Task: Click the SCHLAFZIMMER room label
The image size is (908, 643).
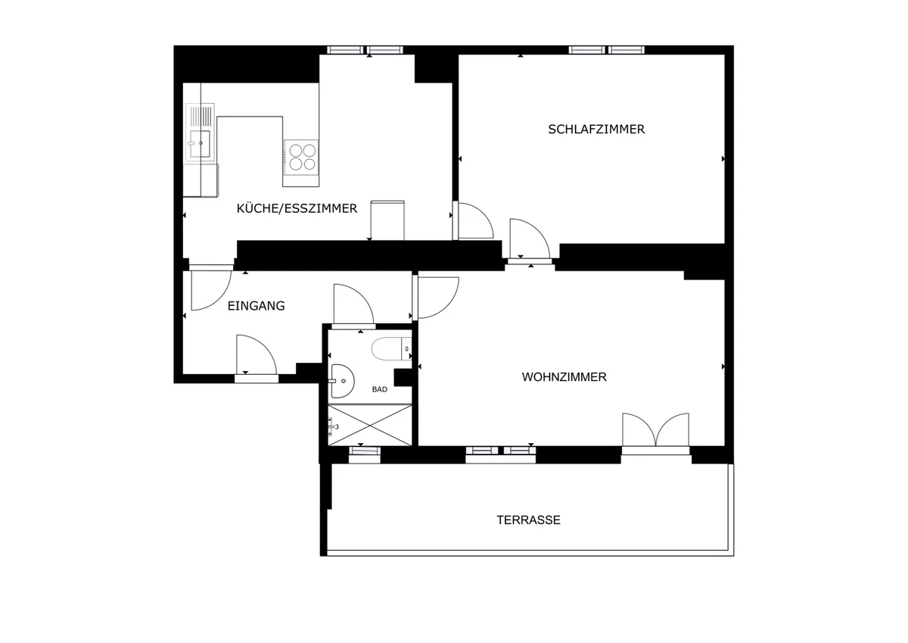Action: coord(596,130)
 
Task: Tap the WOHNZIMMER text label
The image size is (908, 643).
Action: coord(564,377)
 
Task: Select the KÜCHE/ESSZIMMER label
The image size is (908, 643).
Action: coord(297,208)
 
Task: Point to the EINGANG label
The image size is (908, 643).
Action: coord(257,306)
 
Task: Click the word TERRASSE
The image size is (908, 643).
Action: coord(529,520)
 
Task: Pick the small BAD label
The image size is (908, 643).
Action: coord(380,389)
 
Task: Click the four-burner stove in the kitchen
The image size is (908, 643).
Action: coord(301,158)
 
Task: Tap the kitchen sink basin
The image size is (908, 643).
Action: coord(200,144)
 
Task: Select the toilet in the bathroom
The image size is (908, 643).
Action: coord(391,349)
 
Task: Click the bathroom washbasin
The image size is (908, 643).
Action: coord(343,381)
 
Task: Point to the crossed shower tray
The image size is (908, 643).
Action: coord(370,425)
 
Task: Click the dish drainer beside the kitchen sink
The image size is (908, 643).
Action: coord(200,115)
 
